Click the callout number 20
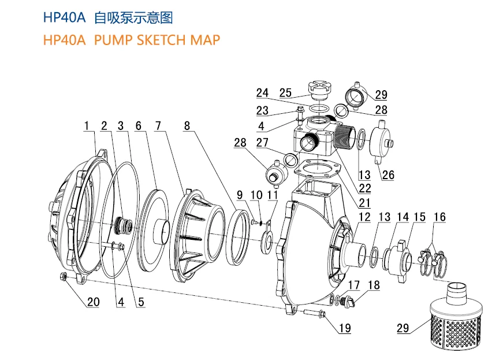point(93,302)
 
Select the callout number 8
point(187,125)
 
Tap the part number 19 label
point(345,328)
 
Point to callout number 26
point(388,175)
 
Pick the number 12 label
point(364,217)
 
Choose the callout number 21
point(364,203)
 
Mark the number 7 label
point(158,125)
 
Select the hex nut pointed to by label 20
point(63,276)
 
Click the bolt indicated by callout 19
point(314,312)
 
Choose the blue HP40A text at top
point(65,18)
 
